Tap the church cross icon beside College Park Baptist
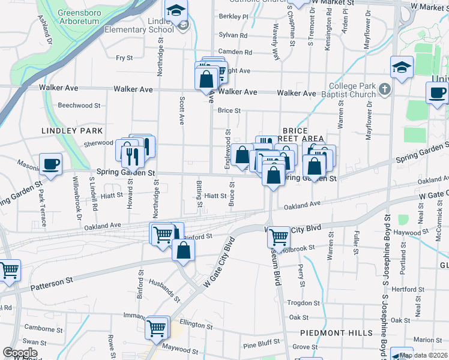tap(385, 89)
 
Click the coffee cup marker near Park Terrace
tap(50, 164)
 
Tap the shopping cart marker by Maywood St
tap(157, 328)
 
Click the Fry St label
tap(124, 58)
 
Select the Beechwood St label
tap(79, 106)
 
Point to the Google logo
tap(20, 352)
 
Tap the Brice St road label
tap(229, 110)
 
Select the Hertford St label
tap(408, 290)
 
